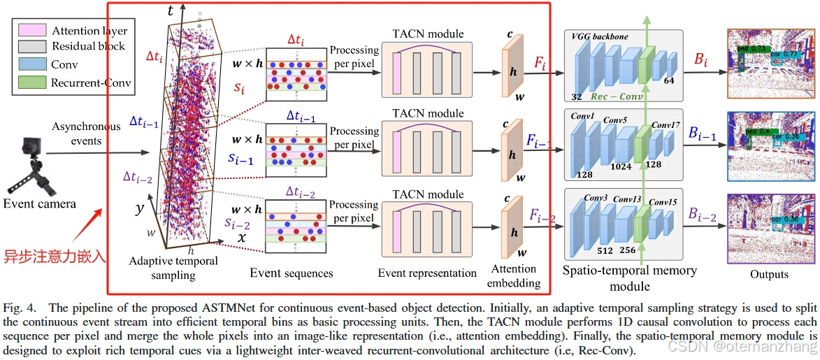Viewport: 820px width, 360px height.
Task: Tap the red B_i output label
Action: tap(700, 61)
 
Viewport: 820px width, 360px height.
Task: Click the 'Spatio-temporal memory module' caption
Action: tap(630, 278)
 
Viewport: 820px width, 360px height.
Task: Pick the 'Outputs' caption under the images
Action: tap(770, 274)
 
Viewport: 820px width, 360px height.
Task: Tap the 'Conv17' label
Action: tap(666, 125)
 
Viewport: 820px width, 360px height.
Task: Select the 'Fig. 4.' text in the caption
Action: tap(19, 308)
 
